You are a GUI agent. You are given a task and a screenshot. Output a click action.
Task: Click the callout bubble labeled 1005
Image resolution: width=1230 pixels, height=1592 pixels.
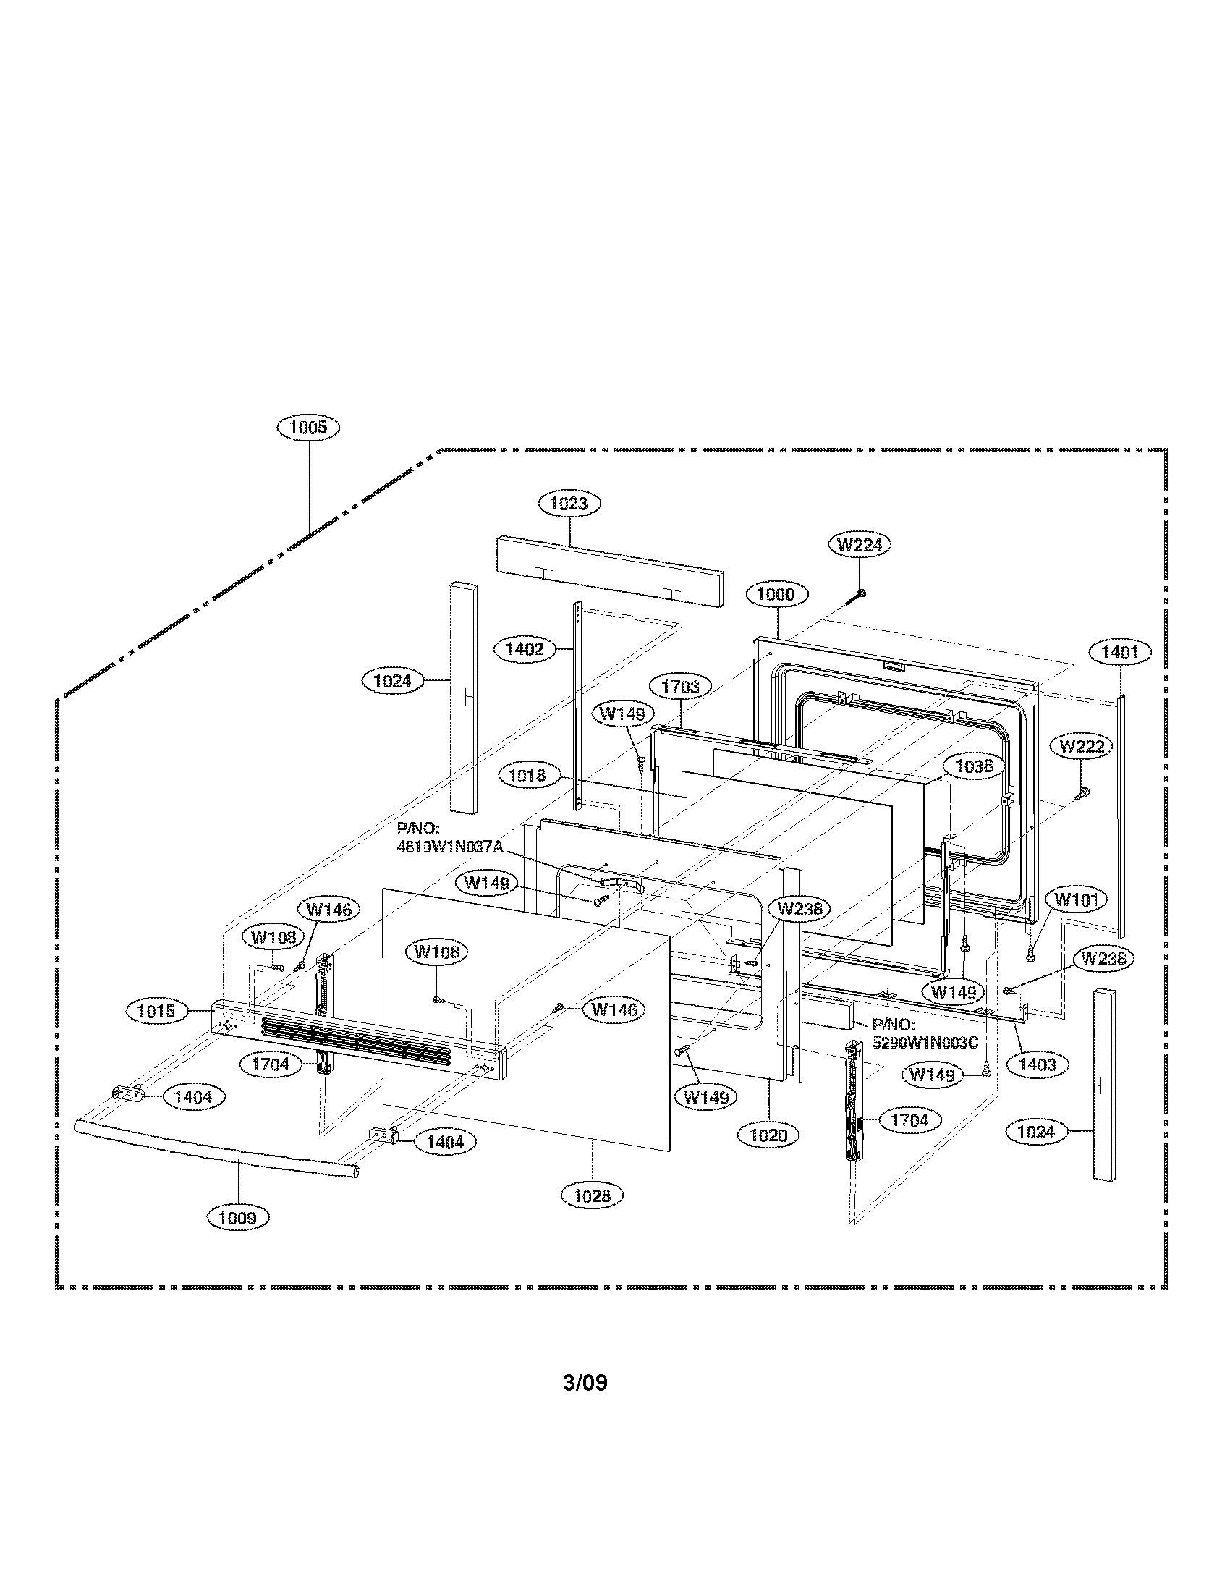click(308, 427)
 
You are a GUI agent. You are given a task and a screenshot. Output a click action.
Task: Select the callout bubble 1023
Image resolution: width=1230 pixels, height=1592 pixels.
click(569, 503)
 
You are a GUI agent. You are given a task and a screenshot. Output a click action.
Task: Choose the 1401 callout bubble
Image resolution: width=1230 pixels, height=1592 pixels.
click(1119, 652)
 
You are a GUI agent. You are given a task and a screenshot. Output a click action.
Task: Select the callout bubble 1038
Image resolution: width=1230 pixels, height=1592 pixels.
click(973, 766)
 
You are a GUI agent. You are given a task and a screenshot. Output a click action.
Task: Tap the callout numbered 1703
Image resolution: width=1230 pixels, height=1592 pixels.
click(680, 687)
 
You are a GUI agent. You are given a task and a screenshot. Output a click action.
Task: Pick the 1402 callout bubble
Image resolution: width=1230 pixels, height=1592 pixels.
click(525, 649)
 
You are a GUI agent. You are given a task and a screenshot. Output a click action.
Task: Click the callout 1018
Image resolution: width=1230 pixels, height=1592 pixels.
click(527, 775)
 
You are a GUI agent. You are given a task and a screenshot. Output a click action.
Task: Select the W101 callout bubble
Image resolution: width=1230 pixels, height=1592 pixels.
click(1075, 900)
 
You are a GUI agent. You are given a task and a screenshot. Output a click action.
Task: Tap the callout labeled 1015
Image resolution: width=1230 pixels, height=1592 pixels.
click(157, 1011)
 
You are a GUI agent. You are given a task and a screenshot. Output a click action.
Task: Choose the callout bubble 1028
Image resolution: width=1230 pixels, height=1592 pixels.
click(591, 1195)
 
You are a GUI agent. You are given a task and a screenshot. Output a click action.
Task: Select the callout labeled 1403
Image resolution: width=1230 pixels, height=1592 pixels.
click(1037, 1065)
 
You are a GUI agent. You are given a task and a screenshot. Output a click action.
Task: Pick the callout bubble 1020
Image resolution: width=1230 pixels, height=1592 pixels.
click(768, 1135)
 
